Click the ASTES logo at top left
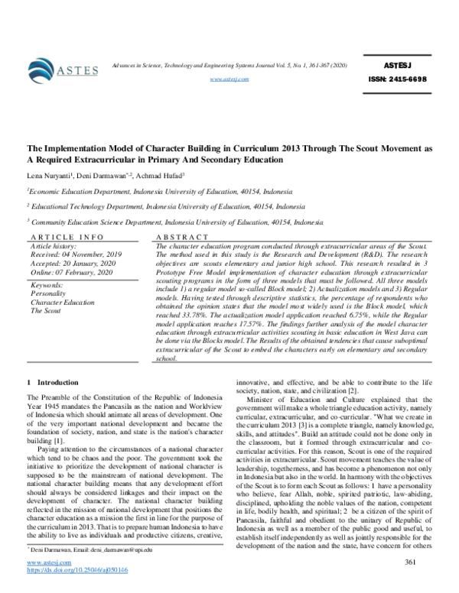click(61, 70)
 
